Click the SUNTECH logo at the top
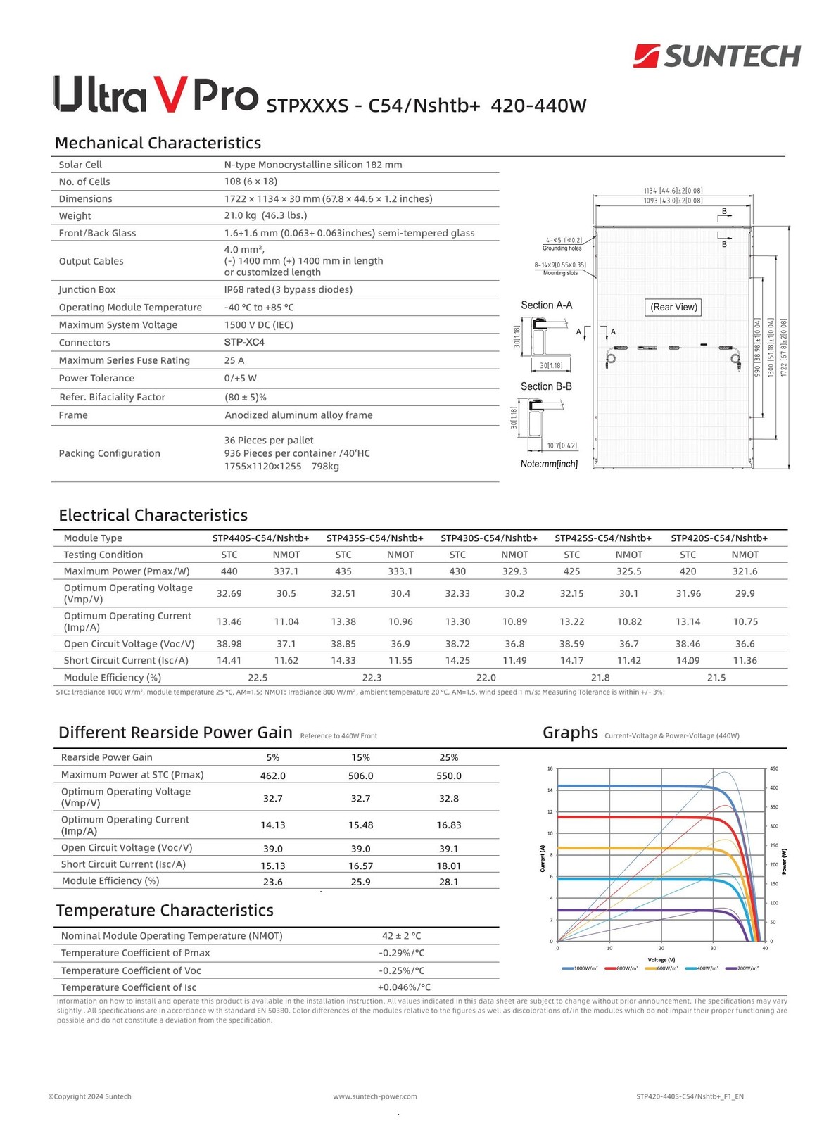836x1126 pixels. pos(717,56)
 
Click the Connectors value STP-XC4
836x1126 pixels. pos(244,343)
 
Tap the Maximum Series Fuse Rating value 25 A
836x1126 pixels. pos(234,360)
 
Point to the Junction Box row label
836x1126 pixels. pos(87,290)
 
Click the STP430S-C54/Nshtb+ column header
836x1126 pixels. pos(489,538)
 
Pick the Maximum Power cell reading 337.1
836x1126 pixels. pos(286,571)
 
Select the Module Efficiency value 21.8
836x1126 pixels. pos(600,678)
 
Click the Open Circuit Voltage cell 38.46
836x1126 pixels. pos(688,644)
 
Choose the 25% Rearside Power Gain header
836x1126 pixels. pos(448,758)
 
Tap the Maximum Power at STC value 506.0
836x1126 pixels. pos(360,776)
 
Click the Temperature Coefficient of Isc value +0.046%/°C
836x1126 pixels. pos(404,987)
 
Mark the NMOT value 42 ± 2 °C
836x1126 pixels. pos(401,936)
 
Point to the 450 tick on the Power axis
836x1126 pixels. pos(775,769)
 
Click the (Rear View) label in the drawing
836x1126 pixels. pos(673,308)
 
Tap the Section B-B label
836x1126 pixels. pos(546,387)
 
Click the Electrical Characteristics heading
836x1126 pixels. pos(153,515)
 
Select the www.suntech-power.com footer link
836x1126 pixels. pos(375,1096)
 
